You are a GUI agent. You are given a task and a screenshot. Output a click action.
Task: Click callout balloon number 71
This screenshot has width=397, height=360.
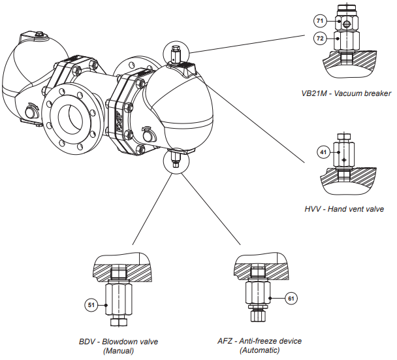tap(320, 21)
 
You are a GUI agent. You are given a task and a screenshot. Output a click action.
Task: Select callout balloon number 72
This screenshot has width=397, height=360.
tap(320, 39)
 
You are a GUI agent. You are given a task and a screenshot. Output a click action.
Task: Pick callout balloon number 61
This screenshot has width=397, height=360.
tap(292, 298)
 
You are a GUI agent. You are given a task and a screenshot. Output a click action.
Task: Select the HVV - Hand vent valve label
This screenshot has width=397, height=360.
tap(344, 209)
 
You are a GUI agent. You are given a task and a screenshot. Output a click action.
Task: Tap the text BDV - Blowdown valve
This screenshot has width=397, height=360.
tap(118, 341)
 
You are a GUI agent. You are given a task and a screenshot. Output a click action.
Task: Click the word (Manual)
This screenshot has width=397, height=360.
tap(118, 351)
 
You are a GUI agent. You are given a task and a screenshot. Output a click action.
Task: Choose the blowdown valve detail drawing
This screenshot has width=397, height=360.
tap(119, 287)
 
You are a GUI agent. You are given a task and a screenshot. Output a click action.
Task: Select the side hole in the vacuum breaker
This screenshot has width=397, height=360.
tap(347, 23)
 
